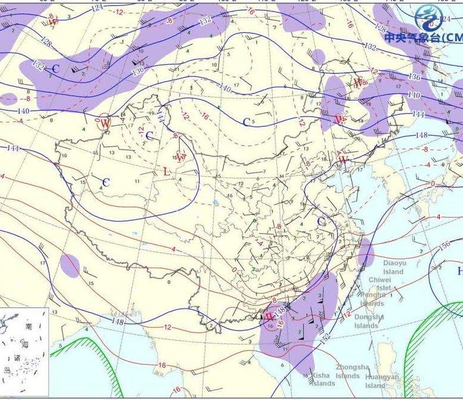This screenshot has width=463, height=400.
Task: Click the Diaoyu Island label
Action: coord(395,267)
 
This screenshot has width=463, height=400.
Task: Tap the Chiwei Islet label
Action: coord(380,283)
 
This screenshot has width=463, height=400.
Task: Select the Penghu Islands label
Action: coord(373,299)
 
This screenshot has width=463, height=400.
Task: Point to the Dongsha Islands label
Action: coord(366,321)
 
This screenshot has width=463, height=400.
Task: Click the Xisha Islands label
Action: coord(322,379)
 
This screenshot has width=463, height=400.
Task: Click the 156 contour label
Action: coord(444,246)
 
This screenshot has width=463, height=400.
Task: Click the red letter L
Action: coord(166,172)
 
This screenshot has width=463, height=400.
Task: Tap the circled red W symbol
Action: coord(105,123)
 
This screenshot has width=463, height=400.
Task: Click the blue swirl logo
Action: coord(428,17)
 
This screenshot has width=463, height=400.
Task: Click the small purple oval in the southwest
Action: coord(70,265)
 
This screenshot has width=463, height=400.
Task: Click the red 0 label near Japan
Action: coord(433,184)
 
